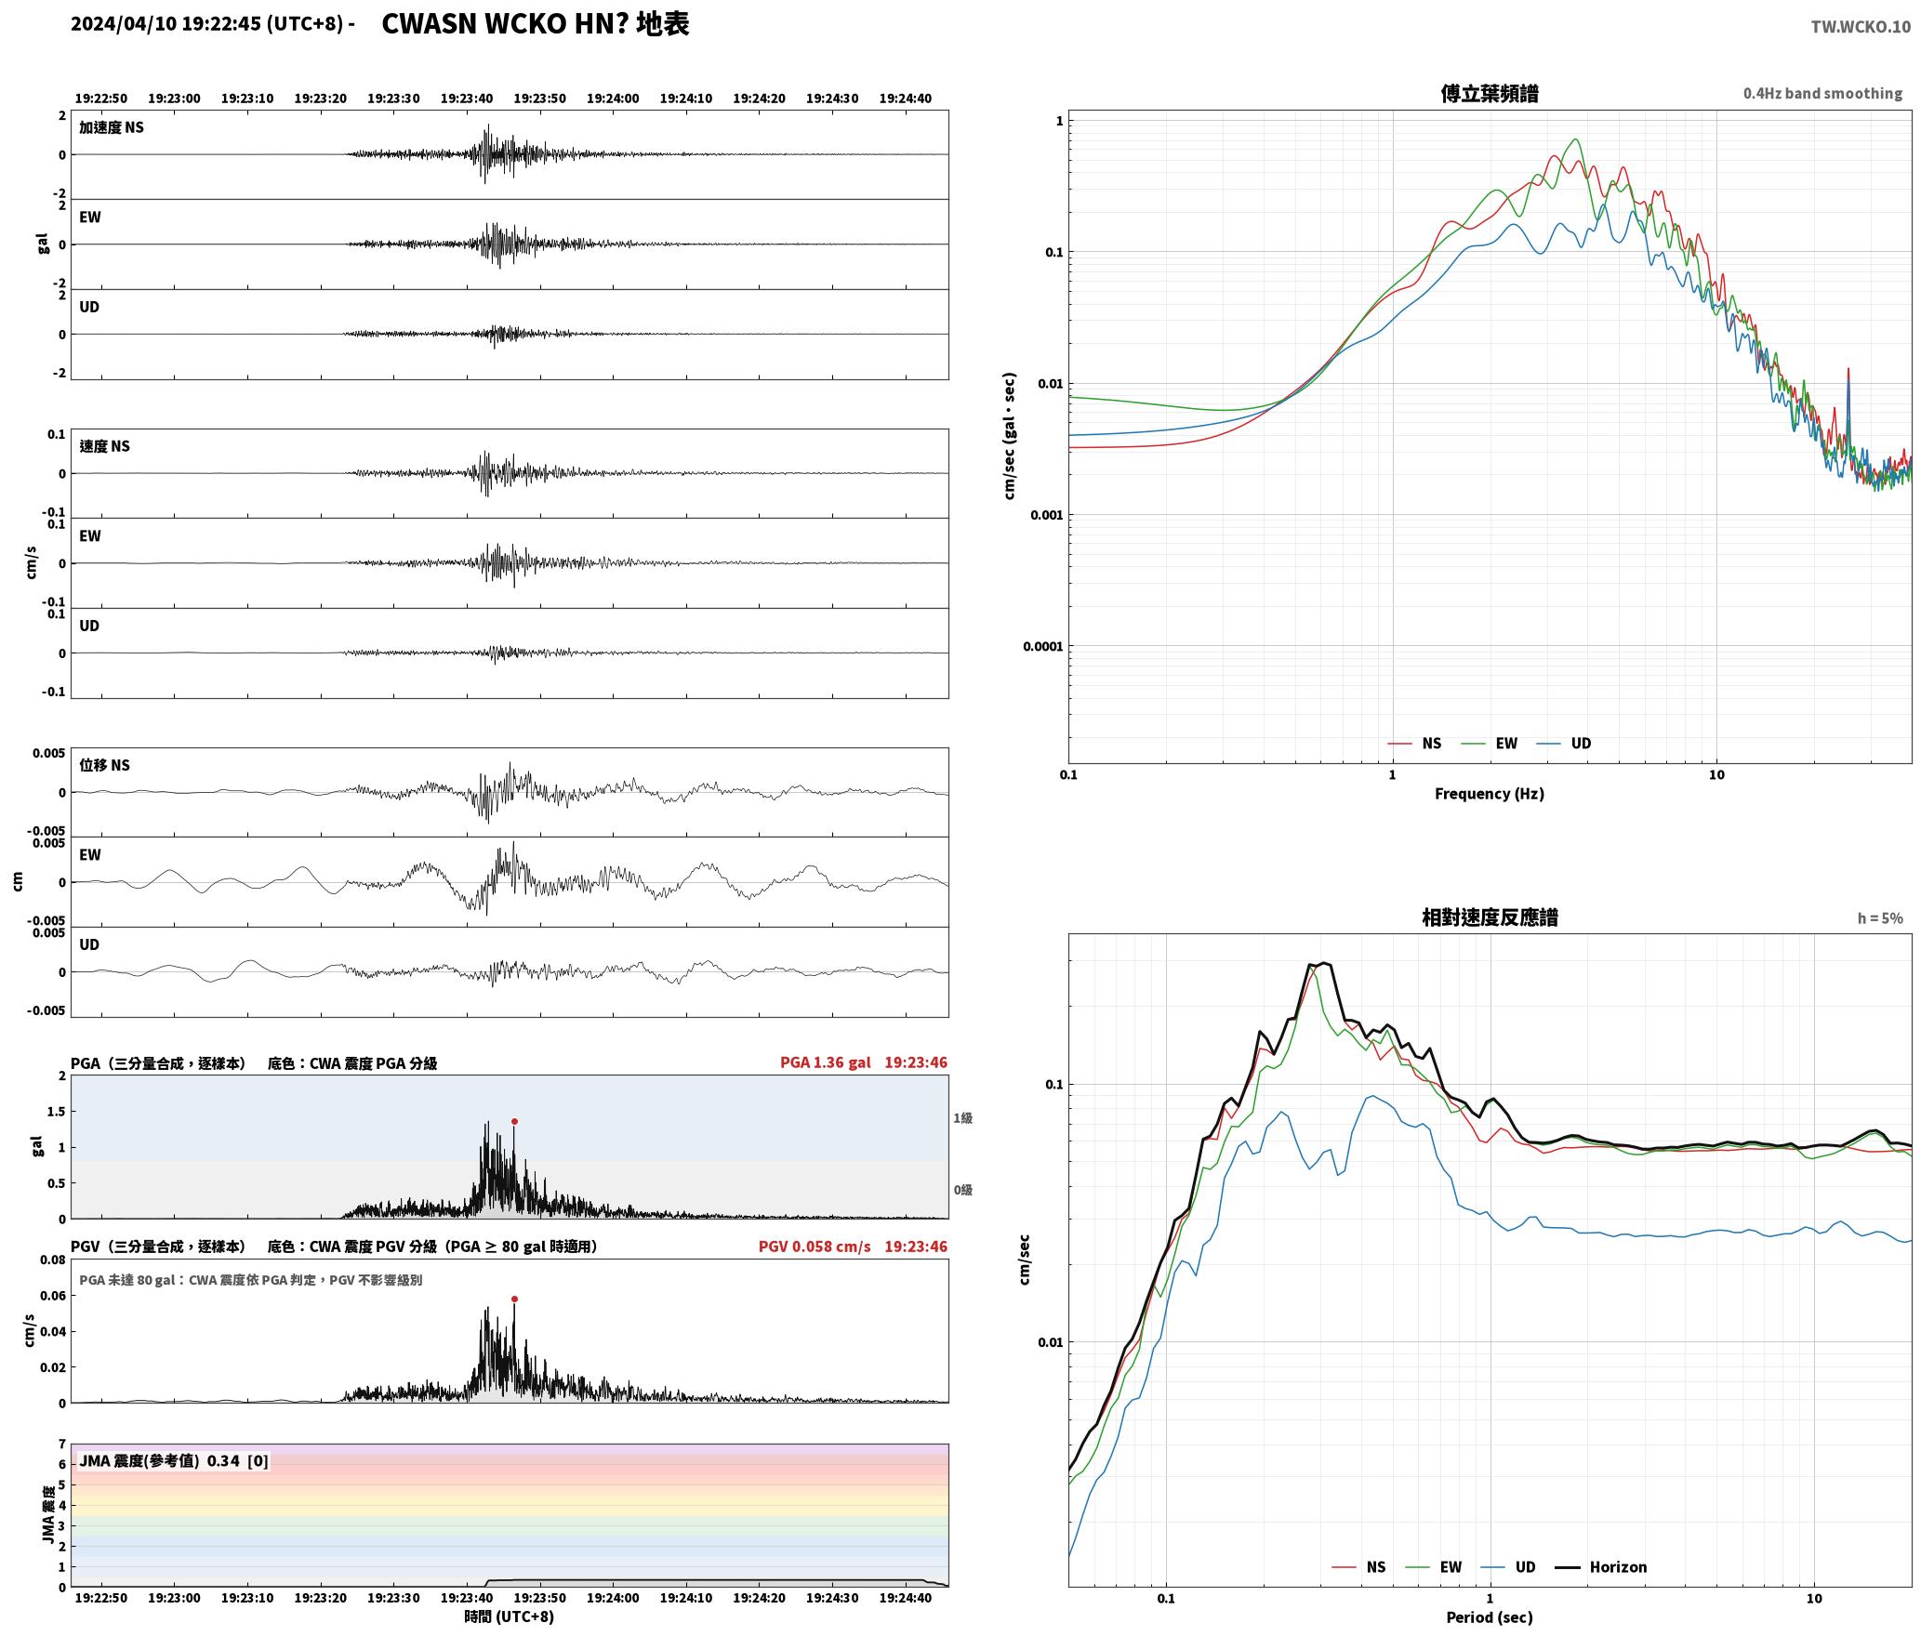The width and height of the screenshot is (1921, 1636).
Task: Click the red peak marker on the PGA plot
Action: [514, 1121]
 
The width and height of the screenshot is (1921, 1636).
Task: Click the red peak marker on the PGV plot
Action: [514, 1299]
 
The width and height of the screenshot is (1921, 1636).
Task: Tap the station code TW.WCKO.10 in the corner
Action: [1861, 27]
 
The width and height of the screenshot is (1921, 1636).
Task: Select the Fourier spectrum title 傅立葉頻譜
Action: [1489, 93]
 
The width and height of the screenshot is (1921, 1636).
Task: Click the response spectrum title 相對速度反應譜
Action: [1490, 917]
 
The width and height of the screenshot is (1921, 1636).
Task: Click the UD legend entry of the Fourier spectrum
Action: [1564, 743]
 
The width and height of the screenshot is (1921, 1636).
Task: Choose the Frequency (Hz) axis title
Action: [1489, 793]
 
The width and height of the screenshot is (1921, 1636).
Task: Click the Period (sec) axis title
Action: [1489, 1616]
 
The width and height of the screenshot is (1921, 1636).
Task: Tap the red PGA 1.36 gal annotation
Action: [826, 1062]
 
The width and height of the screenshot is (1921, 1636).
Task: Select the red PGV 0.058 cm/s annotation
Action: [815, 1246]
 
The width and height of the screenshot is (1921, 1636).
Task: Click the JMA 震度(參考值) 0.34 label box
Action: [174, 1460]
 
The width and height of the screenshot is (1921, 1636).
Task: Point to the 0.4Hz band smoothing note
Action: [1822, 93]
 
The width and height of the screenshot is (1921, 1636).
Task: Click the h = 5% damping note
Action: [1880, 918]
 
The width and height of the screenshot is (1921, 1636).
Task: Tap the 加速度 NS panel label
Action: [112, 127]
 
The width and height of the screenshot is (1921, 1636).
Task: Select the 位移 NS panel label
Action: [105, 765]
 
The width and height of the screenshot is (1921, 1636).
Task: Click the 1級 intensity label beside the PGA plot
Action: [962, 1117]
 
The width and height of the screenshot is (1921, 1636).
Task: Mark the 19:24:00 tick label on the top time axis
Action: [613, 98]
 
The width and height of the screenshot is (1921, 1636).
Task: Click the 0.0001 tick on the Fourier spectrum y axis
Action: [1041, 646]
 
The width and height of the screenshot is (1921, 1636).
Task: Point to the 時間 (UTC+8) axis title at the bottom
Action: [510, 1616]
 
